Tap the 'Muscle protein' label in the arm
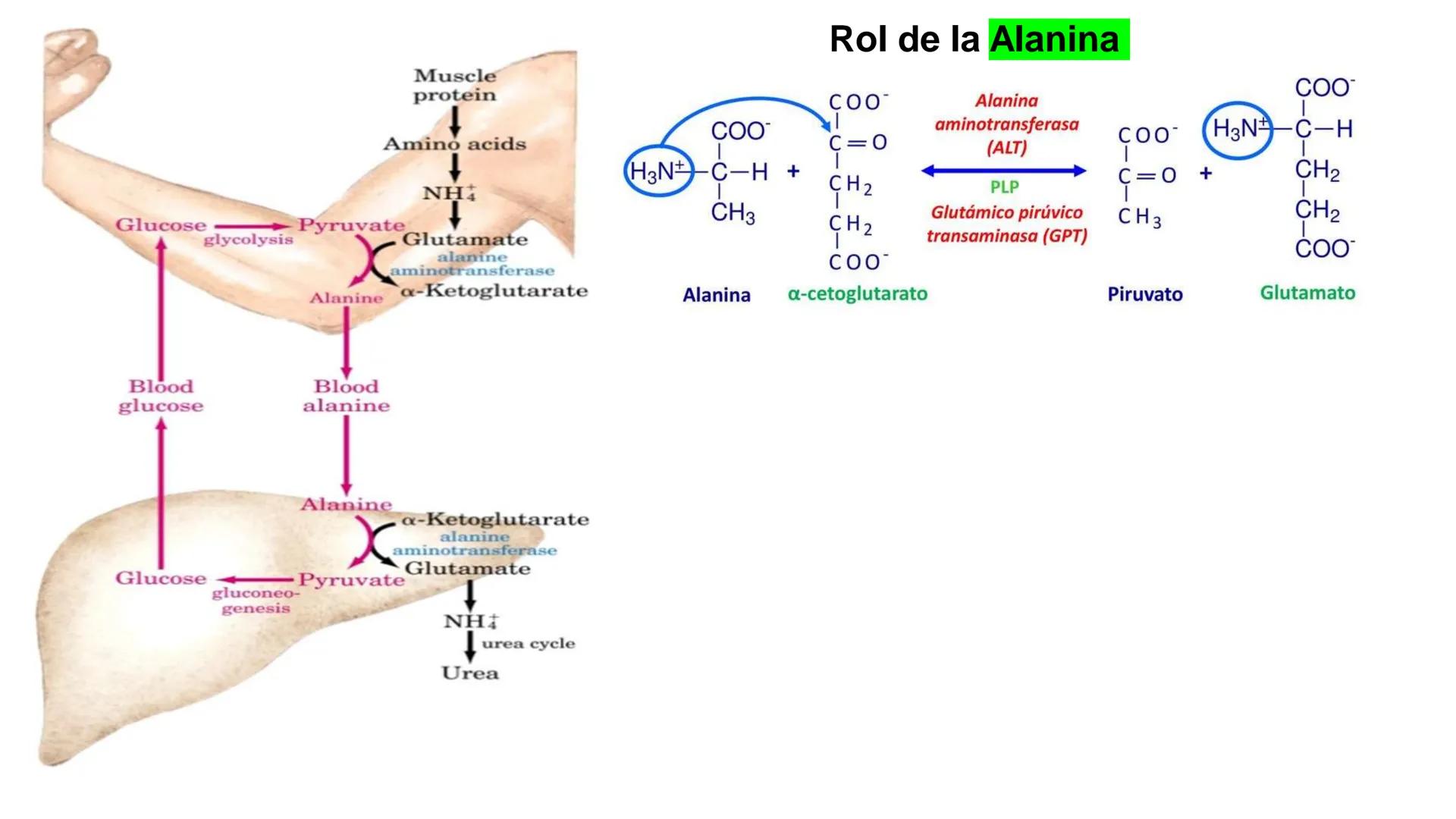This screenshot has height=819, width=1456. pos(454,86)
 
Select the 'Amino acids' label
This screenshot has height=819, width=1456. pos(454,144)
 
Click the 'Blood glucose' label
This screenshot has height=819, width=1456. pos(161,396)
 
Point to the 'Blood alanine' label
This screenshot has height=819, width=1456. pos(347,396)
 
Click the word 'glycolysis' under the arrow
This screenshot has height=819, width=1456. pos(248,240)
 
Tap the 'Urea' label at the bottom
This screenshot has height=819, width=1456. pos(470,673)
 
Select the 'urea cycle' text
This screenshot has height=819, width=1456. pos(529,644)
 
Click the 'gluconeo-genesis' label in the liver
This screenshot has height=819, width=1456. pos(256,601)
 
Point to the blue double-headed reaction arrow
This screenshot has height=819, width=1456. pos(1004,171)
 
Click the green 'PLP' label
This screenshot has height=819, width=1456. pos(1004,187)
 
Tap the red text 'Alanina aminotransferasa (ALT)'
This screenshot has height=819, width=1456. pos(1006,124)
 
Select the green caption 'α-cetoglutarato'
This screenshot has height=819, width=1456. pos(857,294)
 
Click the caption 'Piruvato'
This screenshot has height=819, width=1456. pos(1144,294)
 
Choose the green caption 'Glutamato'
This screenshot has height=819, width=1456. pos(1307,293)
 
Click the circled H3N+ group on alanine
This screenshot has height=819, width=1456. pos(657,171)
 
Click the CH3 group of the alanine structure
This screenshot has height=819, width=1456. pos(733,213)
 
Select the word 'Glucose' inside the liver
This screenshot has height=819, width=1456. pos(161,579)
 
